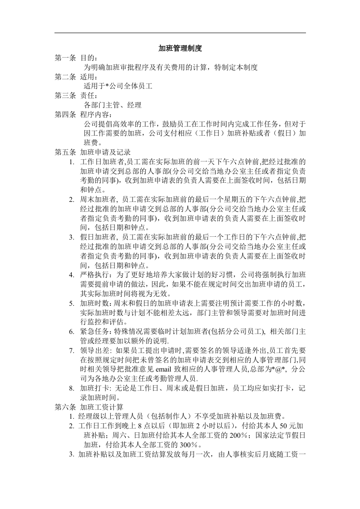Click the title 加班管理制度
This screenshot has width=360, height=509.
coord(180,48)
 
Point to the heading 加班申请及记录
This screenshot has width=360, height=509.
coord(105,152)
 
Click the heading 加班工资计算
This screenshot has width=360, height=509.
coord(105,406)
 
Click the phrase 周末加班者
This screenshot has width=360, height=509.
coord(98,199)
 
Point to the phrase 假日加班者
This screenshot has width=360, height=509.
coord(98,237)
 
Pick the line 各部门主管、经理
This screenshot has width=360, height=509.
coord(113,105)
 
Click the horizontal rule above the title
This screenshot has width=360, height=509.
coord(180,33)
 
